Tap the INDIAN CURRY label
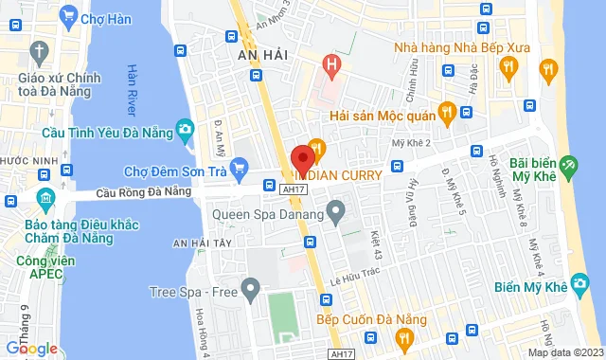point(339,175)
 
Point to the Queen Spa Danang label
point(270,214)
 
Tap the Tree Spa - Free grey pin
point(250,286)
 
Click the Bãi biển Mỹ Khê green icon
point(568,166)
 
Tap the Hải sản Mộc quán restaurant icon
point(465,114)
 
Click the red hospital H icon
point(331,66)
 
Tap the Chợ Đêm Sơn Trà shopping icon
point(241,171)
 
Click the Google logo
point(31,348)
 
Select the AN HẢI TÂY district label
point(205,243)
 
